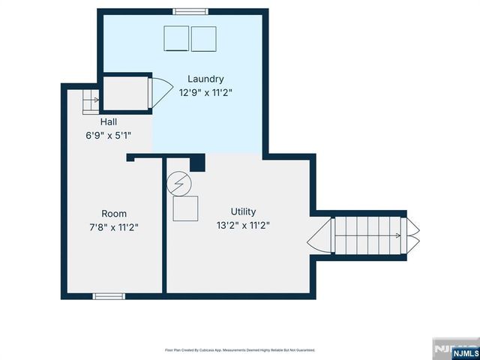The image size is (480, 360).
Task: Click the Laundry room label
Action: coord(206,79)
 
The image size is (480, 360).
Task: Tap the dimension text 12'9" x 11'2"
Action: coord(206,94)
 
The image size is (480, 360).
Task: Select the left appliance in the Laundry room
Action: coord(177,38)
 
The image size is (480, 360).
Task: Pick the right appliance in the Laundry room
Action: coord(203,38)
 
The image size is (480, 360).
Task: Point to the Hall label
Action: coord(109,121)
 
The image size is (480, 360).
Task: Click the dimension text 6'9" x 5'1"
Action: coord(109,136)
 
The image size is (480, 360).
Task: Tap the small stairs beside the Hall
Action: coord(90,100)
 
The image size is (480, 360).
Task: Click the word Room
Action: coord(114,213)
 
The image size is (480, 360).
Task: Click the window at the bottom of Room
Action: coord(109,296)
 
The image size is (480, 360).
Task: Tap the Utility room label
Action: coord(244,212)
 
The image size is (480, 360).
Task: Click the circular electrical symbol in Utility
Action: coord(179,182)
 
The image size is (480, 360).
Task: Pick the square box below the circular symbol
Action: coord(184,208)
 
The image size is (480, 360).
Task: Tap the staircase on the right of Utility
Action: coord(367,235)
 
